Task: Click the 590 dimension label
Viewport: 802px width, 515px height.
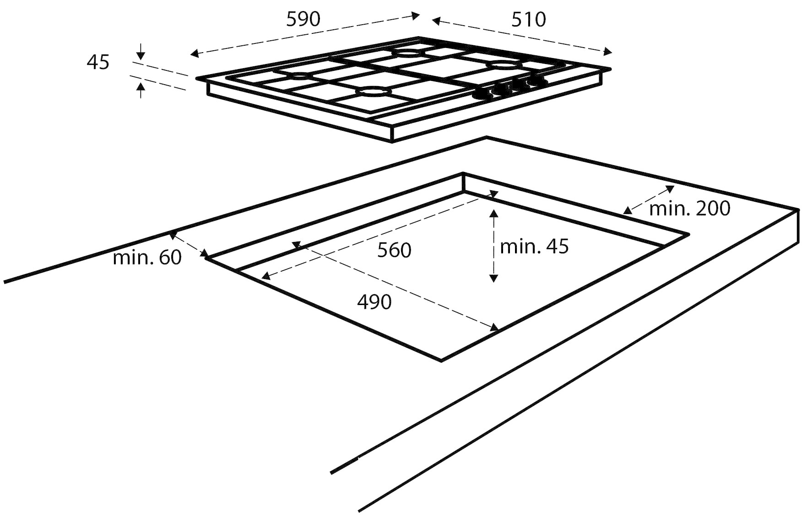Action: tap(303, 19)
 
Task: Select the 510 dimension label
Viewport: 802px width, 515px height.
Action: tap(529, 20)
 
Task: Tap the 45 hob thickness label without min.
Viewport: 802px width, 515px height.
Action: tap(98, 62)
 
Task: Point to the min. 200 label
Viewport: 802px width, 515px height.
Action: tap(690, 209)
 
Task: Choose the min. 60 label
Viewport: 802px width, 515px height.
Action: tap(147, 257)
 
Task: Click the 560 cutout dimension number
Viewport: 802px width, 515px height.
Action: tap(394, 250)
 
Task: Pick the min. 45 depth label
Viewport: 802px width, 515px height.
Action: tap(534, 247)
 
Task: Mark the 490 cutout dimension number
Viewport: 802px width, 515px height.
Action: tap(374, 302)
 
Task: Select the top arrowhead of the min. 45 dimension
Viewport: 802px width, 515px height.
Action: tap(493, 213)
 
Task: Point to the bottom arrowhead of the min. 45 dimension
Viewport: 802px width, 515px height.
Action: tap(493, 278)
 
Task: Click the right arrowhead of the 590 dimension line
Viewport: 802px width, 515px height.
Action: tap(415, 16)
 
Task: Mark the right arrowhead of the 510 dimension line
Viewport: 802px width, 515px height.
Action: tap(607, 51)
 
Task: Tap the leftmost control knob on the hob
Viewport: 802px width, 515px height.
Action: tap(483, 94)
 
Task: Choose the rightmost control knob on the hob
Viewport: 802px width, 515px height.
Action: tap(536, 80)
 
